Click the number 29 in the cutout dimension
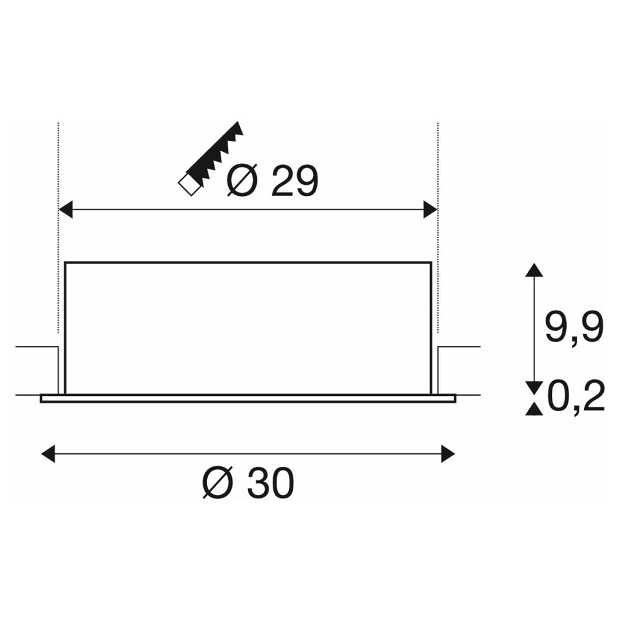(294, 182)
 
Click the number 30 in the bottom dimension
(272, 482)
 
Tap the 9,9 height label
(574, 327)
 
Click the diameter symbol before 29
(242, 180)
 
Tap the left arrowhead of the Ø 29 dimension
(66, 209)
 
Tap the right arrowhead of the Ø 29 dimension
(430, 209)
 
